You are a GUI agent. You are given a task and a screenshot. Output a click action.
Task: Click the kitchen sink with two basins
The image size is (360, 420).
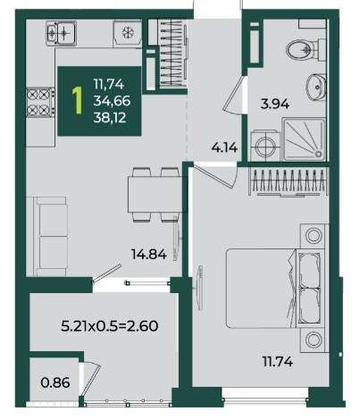point(61,33)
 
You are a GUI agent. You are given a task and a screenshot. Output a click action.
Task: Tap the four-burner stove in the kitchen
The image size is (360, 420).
point(40,102)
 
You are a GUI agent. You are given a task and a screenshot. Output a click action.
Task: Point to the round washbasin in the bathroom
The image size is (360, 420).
point(316,88)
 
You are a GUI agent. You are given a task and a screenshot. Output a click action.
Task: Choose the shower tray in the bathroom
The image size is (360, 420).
point(304,139)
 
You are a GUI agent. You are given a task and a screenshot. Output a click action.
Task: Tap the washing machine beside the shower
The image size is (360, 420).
point(265,146)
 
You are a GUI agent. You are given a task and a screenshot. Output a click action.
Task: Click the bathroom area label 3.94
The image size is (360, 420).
point(274,104)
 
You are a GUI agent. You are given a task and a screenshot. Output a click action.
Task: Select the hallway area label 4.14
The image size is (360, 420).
point(224,147)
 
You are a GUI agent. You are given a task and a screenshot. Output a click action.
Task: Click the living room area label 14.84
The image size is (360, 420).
point(148,254)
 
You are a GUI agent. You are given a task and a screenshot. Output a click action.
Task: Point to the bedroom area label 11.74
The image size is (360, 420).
point(278,362)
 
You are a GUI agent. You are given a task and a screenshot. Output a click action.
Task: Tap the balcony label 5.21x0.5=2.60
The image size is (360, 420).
point(110,326)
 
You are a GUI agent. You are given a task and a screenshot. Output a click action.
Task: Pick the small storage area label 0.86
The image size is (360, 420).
point(55,382)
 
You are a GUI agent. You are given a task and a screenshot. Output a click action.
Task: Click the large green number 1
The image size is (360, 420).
point(78,101)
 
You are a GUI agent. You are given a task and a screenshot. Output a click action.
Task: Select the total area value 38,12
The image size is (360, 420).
point(110,118)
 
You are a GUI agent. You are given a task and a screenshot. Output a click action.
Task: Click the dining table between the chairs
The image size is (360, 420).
point(155,194)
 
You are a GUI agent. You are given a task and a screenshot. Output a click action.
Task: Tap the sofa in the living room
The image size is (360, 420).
point(51,236)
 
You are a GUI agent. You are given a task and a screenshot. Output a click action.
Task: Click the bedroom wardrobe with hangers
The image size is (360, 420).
point(289,181)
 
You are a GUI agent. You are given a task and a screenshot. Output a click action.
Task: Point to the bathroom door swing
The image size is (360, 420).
point(234,96)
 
